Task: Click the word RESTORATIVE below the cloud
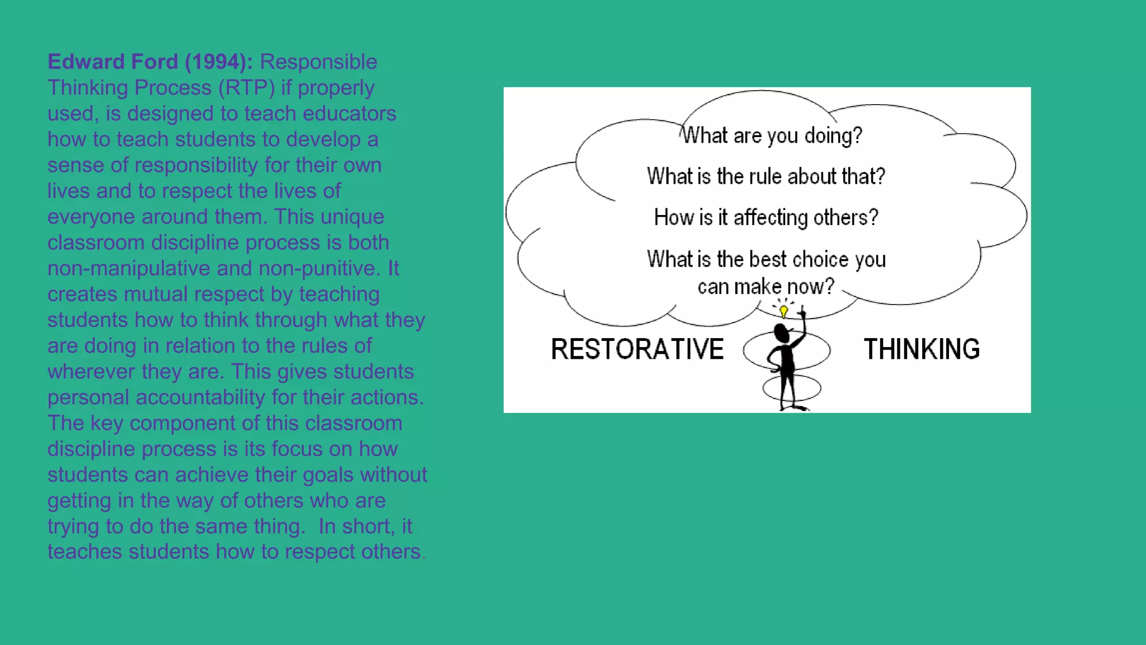click(637, 349)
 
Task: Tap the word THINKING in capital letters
click(922, 349)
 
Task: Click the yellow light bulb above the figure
click(783, 311)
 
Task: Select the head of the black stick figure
click(781, 334)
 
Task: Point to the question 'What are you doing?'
click(772, 135)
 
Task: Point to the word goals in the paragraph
click(326, 474)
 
